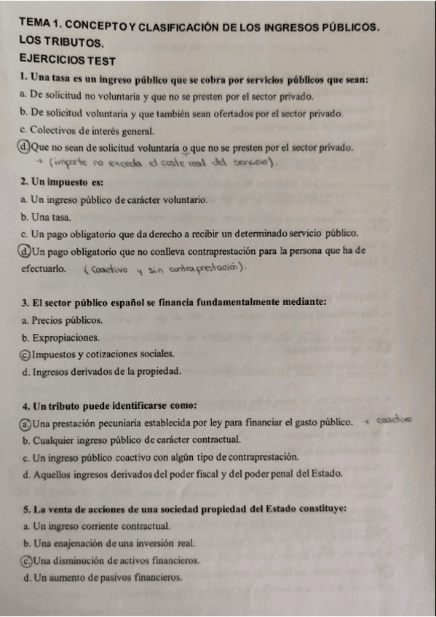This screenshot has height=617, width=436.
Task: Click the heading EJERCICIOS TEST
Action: click(x=65, y=60)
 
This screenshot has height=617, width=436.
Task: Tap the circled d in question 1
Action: click(x=25, y=148)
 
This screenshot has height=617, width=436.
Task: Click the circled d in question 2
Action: click(x=26, y=251)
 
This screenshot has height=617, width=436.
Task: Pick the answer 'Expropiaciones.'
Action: click(x=66, y=338)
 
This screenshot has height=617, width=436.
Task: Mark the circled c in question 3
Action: click(x=26, y=354)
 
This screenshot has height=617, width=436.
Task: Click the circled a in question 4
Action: click(x=26, y=423)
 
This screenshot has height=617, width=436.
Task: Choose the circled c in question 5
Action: click(x=26, y=561)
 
